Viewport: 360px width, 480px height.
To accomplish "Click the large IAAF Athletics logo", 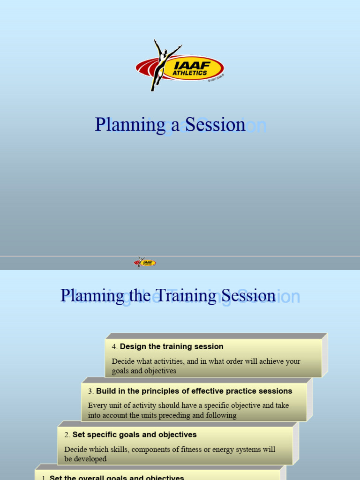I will (x=180, y=67).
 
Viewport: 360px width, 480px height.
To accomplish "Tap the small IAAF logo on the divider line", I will (x=145, y=262).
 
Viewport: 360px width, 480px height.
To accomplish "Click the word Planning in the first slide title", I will (x=123, y=125).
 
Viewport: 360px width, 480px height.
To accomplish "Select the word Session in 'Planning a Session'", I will (x=215, y=125).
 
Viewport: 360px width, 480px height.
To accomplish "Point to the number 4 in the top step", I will (x=114, y=347).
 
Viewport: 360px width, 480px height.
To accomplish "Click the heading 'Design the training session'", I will (x=172, y=347).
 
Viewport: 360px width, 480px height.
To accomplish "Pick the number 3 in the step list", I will (x=90, y=391).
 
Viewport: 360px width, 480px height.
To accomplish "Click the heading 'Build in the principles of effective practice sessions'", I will (x=194, y=391).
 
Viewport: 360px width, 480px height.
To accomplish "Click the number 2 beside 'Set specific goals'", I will (x=67, y=435).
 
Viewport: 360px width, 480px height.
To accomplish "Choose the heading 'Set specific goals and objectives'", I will (x=135, y=435).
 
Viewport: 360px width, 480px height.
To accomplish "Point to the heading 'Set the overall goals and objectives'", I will (x=117, y=478).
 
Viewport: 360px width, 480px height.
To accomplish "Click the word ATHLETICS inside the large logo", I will (x=189, y=73).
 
